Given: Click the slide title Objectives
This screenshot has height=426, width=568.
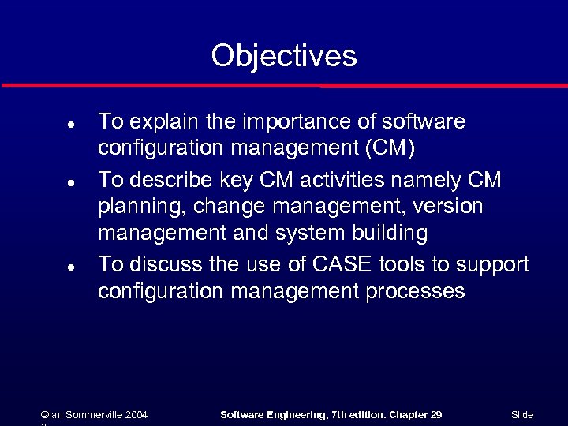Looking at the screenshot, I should coord(284,56).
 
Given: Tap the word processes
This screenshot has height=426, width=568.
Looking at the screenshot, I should coord(415,292).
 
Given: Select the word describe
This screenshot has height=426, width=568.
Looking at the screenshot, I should coord(182,179).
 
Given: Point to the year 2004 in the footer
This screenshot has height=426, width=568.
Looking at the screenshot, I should coord(135,414).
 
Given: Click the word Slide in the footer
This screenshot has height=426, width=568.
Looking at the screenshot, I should coord(522,414).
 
